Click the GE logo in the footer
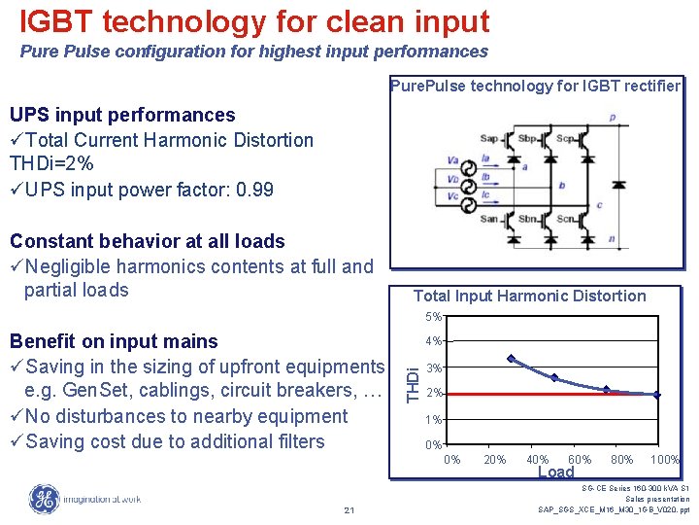point(44,499)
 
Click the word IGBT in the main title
point(59,20)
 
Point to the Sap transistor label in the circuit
point(488,139)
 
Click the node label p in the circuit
point(612,118)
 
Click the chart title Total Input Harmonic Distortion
point(529,296)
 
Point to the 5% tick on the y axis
point(433,317)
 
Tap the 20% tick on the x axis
point(495,460)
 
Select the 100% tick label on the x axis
point(664,460)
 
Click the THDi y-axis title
point(413,380)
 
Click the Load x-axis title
point(556,472)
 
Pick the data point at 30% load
point(512,359)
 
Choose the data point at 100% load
point(657,395)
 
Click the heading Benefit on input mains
point(114,341)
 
